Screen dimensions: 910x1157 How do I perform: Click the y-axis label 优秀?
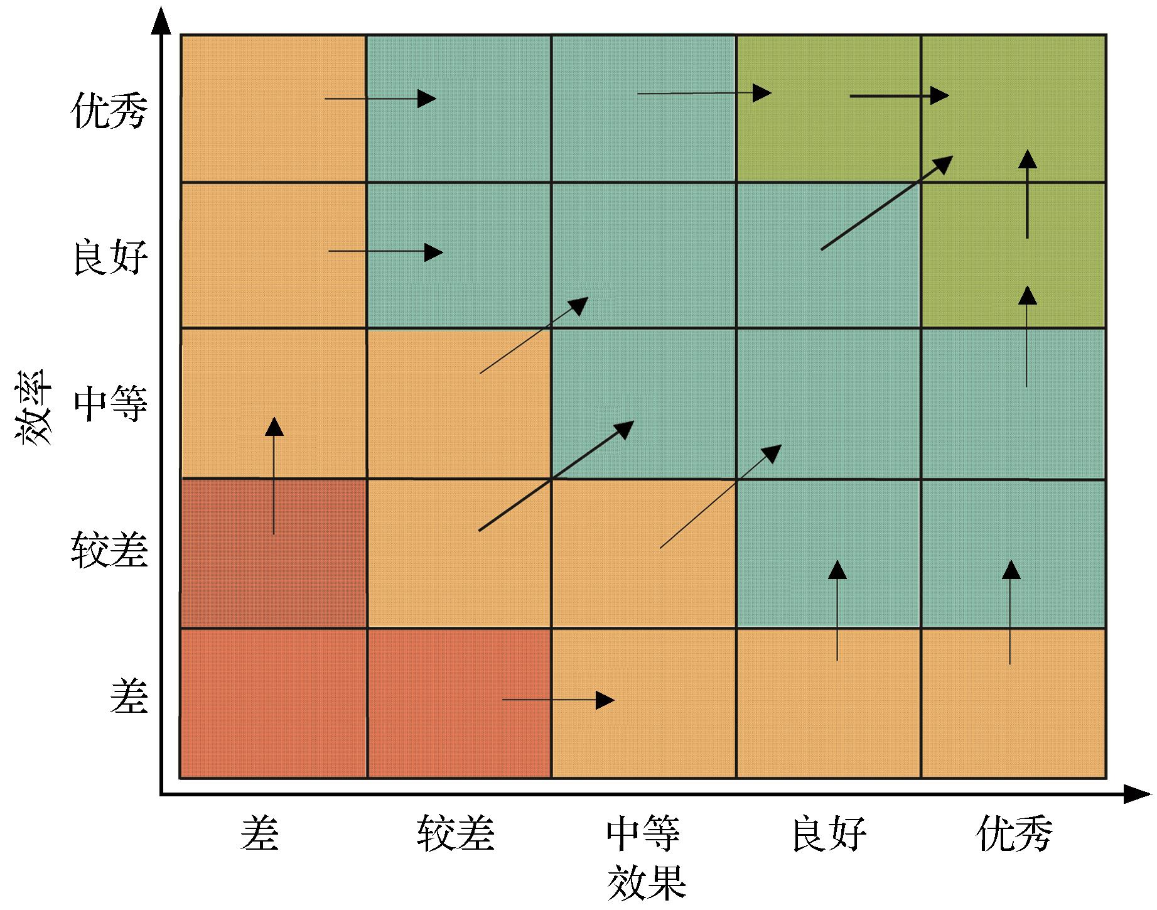click(110, 111)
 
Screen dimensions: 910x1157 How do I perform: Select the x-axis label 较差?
click(456, 833)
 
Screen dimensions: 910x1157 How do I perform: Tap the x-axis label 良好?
click(829, 833)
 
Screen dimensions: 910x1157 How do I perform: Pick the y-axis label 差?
click(129, 696)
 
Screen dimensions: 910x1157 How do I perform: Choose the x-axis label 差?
click(259, 833)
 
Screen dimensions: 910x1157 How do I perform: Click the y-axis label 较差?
click(109, 550)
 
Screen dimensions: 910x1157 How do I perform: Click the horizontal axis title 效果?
click(646, 882)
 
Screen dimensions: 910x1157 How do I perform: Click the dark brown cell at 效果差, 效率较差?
click(273, 553)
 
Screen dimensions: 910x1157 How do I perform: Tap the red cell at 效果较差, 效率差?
click(459, 703)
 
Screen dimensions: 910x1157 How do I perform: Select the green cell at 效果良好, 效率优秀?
click(828, 109)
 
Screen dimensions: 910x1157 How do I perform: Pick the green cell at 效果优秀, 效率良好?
click(1013, 254)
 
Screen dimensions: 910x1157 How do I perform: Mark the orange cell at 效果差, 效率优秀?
click(273, 109)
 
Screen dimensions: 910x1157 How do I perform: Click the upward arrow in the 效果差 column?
click(274, 476)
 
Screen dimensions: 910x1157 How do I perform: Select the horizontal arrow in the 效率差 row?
click(558, 700)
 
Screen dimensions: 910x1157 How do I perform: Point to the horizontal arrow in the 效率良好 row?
click(385, 252)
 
